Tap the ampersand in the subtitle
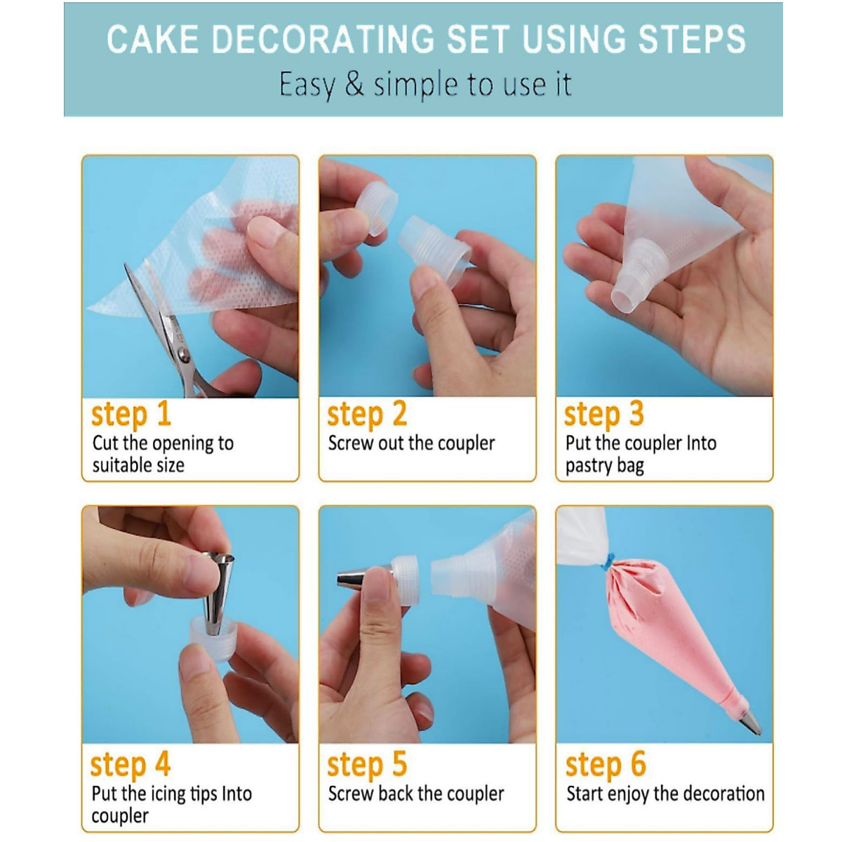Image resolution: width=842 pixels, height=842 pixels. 354,84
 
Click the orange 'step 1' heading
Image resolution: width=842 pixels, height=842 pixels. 131,414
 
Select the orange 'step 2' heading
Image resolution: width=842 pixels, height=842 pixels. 367,414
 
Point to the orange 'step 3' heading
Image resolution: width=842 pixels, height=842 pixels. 604,414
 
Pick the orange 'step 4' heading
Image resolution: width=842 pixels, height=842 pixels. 131,765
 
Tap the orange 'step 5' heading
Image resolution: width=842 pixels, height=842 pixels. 367,765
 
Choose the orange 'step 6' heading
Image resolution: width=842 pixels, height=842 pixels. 606,765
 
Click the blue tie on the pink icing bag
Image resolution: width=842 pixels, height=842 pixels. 608,559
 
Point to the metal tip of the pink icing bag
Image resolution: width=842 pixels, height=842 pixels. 750,720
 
